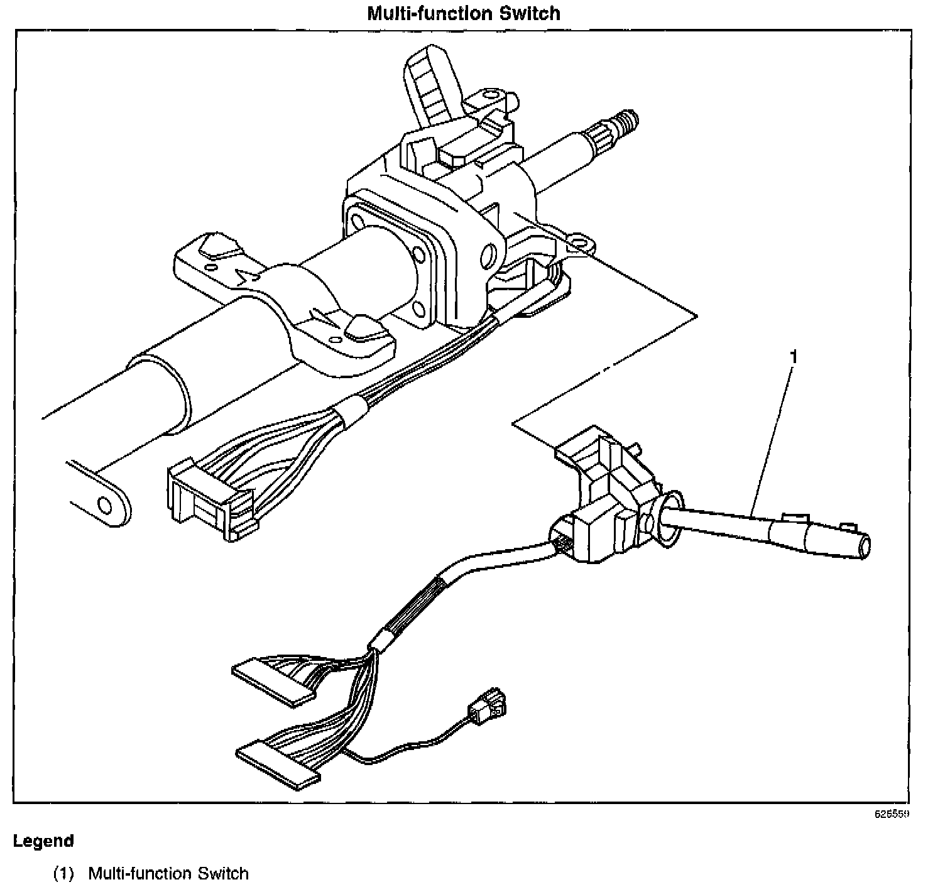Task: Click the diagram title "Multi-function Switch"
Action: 464,13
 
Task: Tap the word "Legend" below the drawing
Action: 43,841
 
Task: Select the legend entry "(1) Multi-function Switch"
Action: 151,873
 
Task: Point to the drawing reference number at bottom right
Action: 892,814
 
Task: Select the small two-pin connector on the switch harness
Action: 491,707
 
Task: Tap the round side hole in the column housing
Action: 487,255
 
